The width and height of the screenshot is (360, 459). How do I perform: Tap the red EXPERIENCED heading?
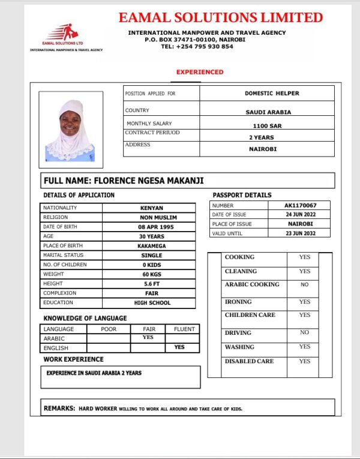click(x=199, y=72)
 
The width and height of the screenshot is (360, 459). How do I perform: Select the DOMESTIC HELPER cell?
click(x=271, y=94)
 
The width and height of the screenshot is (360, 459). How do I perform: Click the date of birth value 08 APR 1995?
click(x=151, y=227)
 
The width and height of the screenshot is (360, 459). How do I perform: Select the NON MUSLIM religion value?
click(x=151, y=217)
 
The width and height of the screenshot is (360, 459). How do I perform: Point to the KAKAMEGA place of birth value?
click(x=151, y=246)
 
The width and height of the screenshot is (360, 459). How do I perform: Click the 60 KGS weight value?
click(x=151, y=274)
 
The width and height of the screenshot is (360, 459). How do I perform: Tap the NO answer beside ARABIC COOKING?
click(x=304, y=285)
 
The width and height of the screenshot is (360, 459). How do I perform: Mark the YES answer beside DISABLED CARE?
click(x=304, y=361)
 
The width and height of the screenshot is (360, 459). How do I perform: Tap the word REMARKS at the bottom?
click(x=59, y=409)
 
